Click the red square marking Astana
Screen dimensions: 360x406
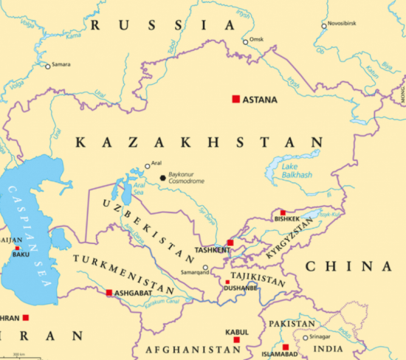coord(236,99)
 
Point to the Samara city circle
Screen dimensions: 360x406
coord(48,66)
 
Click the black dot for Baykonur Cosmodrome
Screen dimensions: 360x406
coord(163,178)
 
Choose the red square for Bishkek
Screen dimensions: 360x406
coord(283,212)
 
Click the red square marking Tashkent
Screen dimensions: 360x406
coord(230,243)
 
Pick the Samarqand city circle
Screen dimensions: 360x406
coord(205,268)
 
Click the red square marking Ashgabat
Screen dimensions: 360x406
coord(109,293)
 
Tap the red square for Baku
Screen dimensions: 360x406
coord(17,249)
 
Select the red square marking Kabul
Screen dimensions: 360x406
coord(236,340)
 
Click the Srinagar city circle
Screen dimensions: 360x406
coord(306,338)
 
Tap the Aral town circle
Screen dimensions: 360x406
coord(148,166)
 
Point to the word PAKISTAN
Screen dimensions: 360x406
coord(291,324)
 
